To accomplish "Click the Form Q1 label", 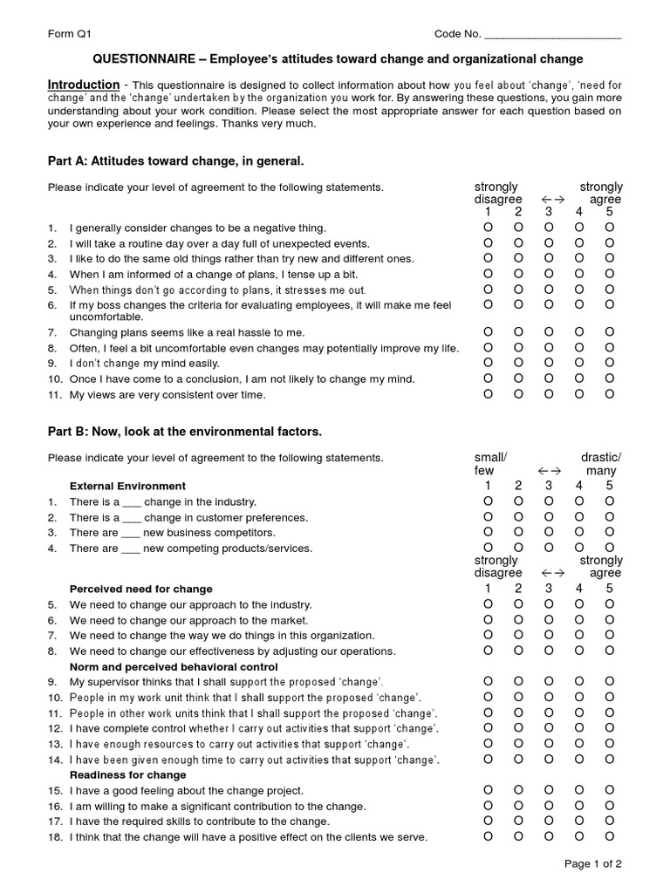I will pyautogui.click(x=69, y=34).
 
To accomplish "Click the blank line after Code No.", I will pyautogui.click(x=552, y=36).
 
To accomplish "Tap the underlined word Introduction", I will pyautogui.click(x=84, y=85).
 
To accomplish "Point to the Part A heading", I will pyautogui.click(x=175, y=160).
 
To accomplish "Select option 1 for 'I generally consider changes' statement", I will pyautogui.click(x=488, y=228).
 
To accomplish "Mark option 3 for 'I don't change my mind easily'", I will pyautogui.click(x=548, y=362).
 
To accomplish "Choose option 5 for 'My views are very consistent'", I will pyautogui.click(x=609, y=393).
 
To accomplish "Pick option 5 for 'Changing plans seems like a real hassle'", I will pyautogui.click(x=609, y=331).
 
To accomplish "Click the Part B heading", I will pyautogui.click(x=184, y=431).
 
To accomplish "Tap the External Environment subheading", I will pyautogui.click(x=127, y=486).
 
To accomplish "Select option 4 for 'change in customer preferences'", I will pyautogui.click(x=578, y=516).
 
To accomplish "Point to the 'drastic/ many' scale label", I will pyautogui.click(x=601, y=464).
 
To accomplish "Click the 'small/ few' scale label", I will pyautogui.click(x=489, y=464).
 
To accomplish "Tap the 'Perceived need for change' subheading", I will pyautogui.click(x=140, y=589).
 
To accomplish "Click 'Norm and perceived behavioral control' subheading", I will pyautogui.click(x=173, y=667).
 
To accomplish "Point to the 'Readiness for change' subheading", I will pyautogui.click(x=127, y=774).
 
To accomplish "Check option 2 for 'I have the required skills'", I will pyautogui.click(x=517, y=821).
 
